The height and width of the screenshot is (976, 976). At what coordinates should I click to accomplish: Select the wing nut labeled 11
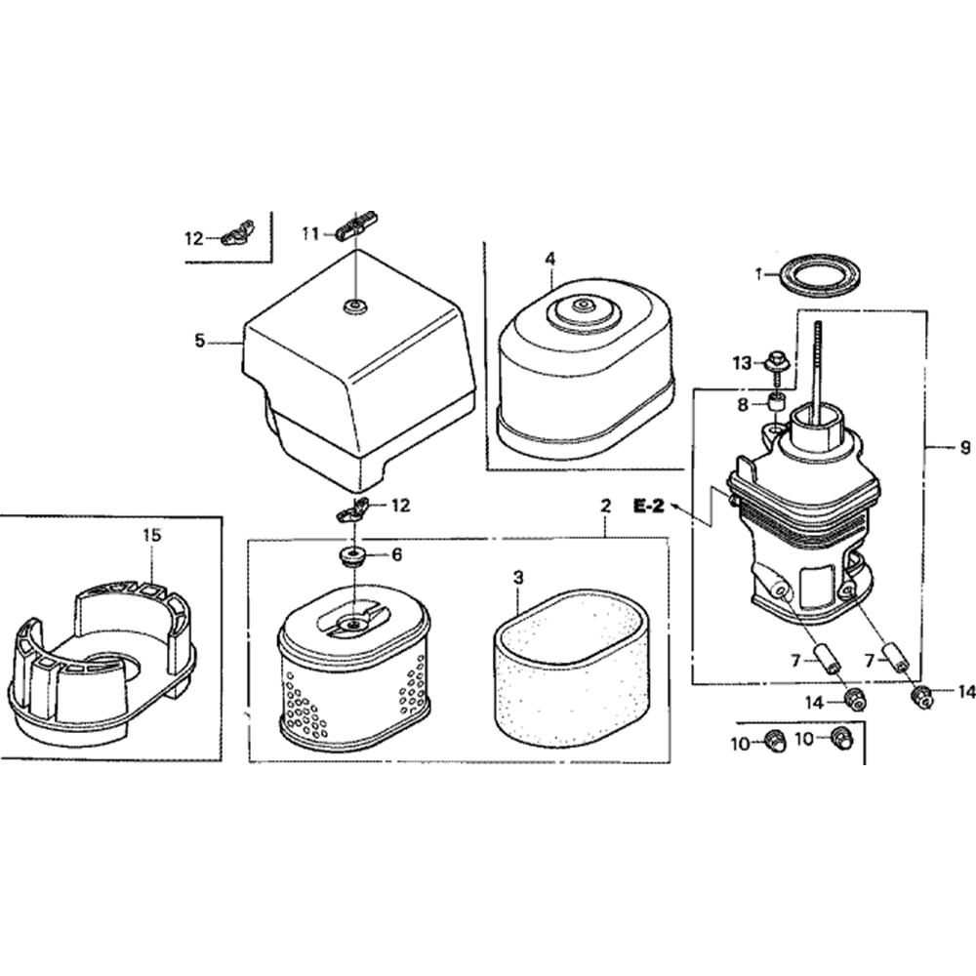click(x=356, y=224)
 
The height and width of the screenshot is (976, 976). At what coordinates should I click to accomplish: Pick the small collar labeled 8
click(x=775, y=402)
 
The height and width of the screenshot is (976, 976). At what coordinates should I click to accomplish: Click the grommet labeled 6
click(x=353, y=555)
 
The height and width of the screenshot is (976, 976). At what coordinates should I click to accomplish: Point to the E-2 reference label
click(x=649, y=506)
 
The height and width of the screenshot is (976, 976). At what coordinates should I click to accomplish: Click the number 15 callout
click(x=152, y=535)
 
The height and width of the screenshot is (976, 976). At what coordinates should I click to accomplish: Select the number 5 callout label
click(x=199, y=341)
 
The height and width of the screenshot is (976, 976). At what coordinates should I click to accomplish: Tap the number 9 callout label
click(x=965, y=447)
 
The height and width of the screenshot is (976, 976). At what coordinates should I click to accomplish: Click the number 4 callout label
click(x=550, y=259)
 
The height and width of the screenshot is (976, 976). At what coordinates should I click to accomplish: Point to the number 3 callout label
click(x=518, y=578)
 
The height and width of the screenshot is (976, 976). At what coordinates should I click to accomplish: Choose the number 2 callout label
click(x=606, y=506)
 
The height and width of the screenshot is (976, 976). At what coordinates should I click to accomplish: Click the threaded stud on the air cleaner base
click(x=816, y=367)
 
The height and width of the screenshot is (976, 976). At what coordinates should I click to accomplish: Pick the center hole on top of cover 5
click(x=355, y=305)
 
